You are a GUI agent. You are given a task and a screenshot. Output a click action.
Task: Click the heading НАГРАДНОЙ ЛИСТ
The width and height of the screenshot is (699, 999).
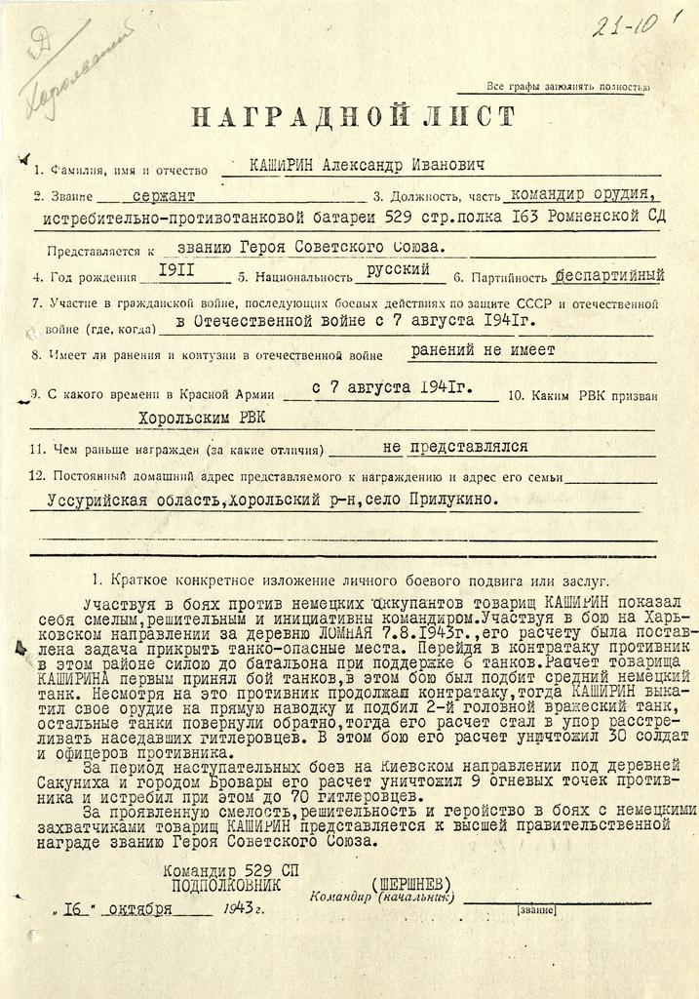(x=350, y=118)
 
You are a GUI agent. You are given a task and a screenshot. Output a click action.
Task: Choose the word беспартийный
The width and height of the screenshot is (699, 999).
(x=611, y=274)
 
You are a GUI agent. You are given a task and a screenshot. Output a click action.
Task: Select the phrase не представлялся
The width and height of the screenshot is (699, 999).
(x=455, y=447)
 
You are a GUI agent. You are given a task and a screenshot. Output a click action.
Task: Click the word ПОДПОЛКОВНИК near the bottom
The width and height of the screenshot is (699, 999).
(x=225, y=885)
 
